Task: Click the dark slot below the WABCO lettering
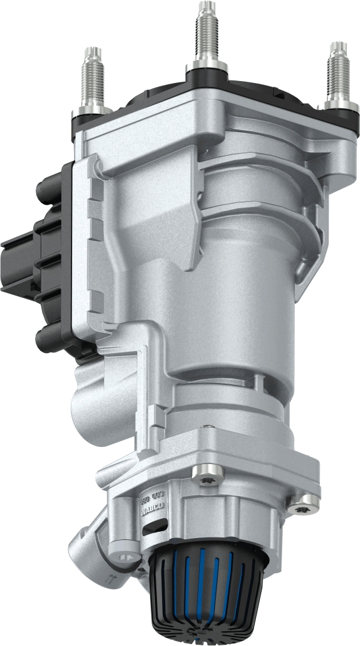tap(154, 526)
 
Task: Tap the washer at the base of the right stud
tap(338, 103)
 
